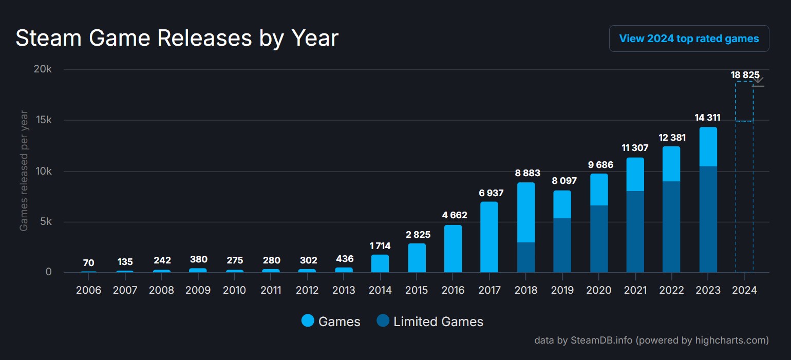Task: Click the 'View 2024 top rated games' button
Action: (x=689, y=39)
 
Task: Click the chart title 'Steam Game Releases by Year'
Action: (x=177, y=39)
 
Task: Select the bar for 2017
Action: (x=489, y=237)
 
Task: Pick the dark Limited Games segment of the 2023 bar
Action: (x=708, y=219)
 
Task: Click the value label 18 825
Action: (x=745, y=75)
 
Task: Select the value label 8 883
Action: (x=528, y=173)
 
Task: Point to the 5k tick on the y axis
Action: (x=45, y=222)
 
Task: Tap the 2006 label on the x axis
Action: (x=88, y=290)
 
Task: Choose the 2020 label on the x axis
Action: (x=598, y=290)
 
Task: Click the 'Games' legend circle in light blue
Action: (x=308, y=321)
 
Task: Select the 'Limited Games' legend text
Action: (x=438, y=322)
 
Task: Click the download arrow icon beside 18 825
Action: (x=758, y=82)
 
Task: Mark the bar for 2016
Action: (x=453, y=249)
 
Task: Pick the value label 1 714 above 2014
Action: (x=380, y=246)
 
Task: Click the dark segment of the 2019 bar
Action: (x=562, y=245)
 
